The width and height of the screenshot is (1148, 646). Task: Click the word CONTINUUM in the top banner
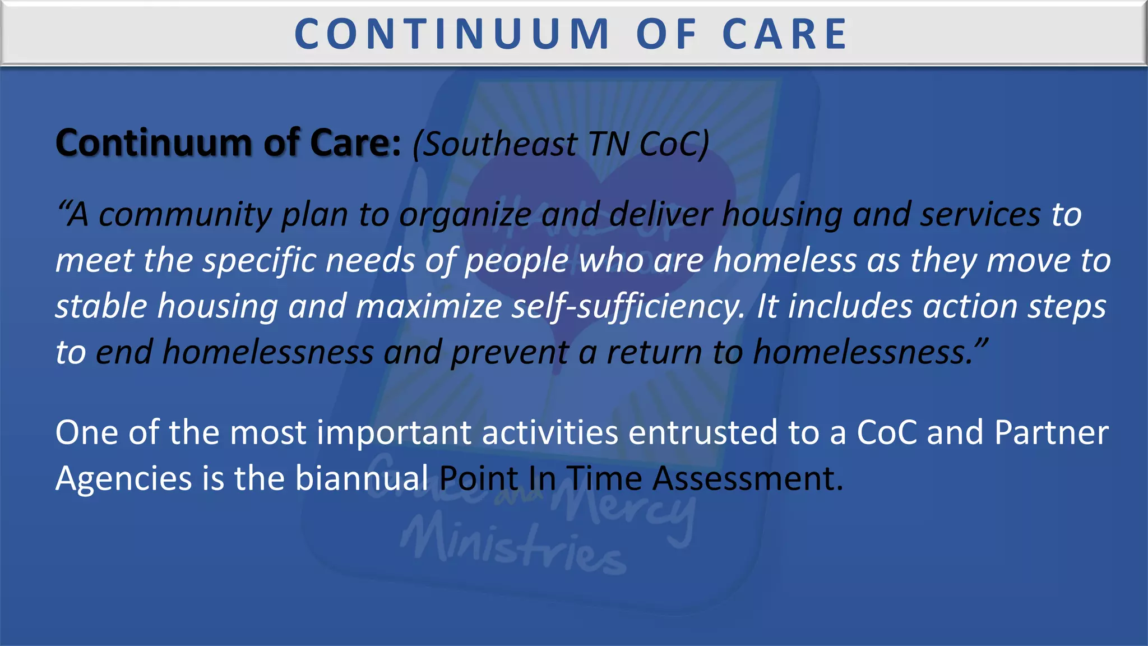(x=452, y=34)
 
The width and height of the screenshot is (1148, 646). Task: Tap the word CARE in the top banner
(x=785, y=34)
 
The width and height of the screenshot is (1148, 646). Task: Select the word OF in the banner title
(x=666, y=34)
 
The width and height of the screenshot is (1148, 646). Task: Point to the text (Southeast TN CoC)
(x=561, y=144)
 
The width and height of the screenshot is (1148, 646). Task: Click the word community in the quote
(x=186, y=215)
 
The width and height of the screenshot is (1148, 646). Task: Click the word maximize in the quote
(x=429, y=307)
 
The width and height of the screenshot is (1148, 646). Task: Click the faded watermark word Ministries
(x=513, y=547)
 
